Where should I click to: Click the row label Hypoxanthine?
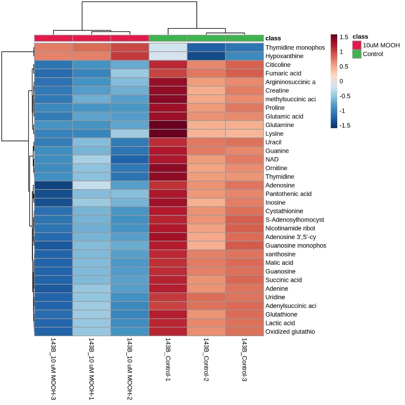(284, 56)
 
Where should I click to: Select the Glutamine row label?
(280, 125)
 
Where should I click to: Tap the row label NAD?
(272, 159)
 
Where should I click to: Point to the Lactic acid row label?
(280, 323)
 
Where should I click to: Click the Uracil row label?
(273, 142)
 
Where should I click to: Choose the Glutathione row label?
(281, 315)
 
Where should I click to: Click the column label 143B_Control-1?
(168, 359)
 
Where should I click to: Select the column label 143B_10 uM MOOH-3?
(53, 369)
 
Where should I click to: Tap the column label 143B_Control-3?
(244, 359)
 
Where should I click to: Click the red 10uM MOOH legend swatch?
(357, 45)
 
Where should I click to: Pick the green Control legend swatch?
(357, 54)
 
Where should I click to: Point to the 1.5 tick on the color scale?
(344, 37)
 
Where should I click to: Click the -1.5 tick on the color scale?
(344, 125)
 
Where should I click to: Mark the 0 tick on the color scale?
(341, 81)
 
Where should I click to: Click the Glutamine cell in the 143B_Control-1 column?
(168, 125)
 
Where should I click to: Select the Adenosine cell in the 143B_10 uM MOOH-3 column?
(53, 185)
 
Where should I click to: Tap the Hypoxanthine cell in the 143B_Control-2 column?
(206, 56)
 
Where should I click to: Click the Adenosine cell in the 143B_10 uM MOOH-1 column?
(91, 185)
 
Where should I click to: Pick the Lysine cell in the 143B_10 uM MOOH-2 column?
(130, 134)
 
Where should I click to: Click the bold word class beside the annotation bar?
(273, 38)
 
